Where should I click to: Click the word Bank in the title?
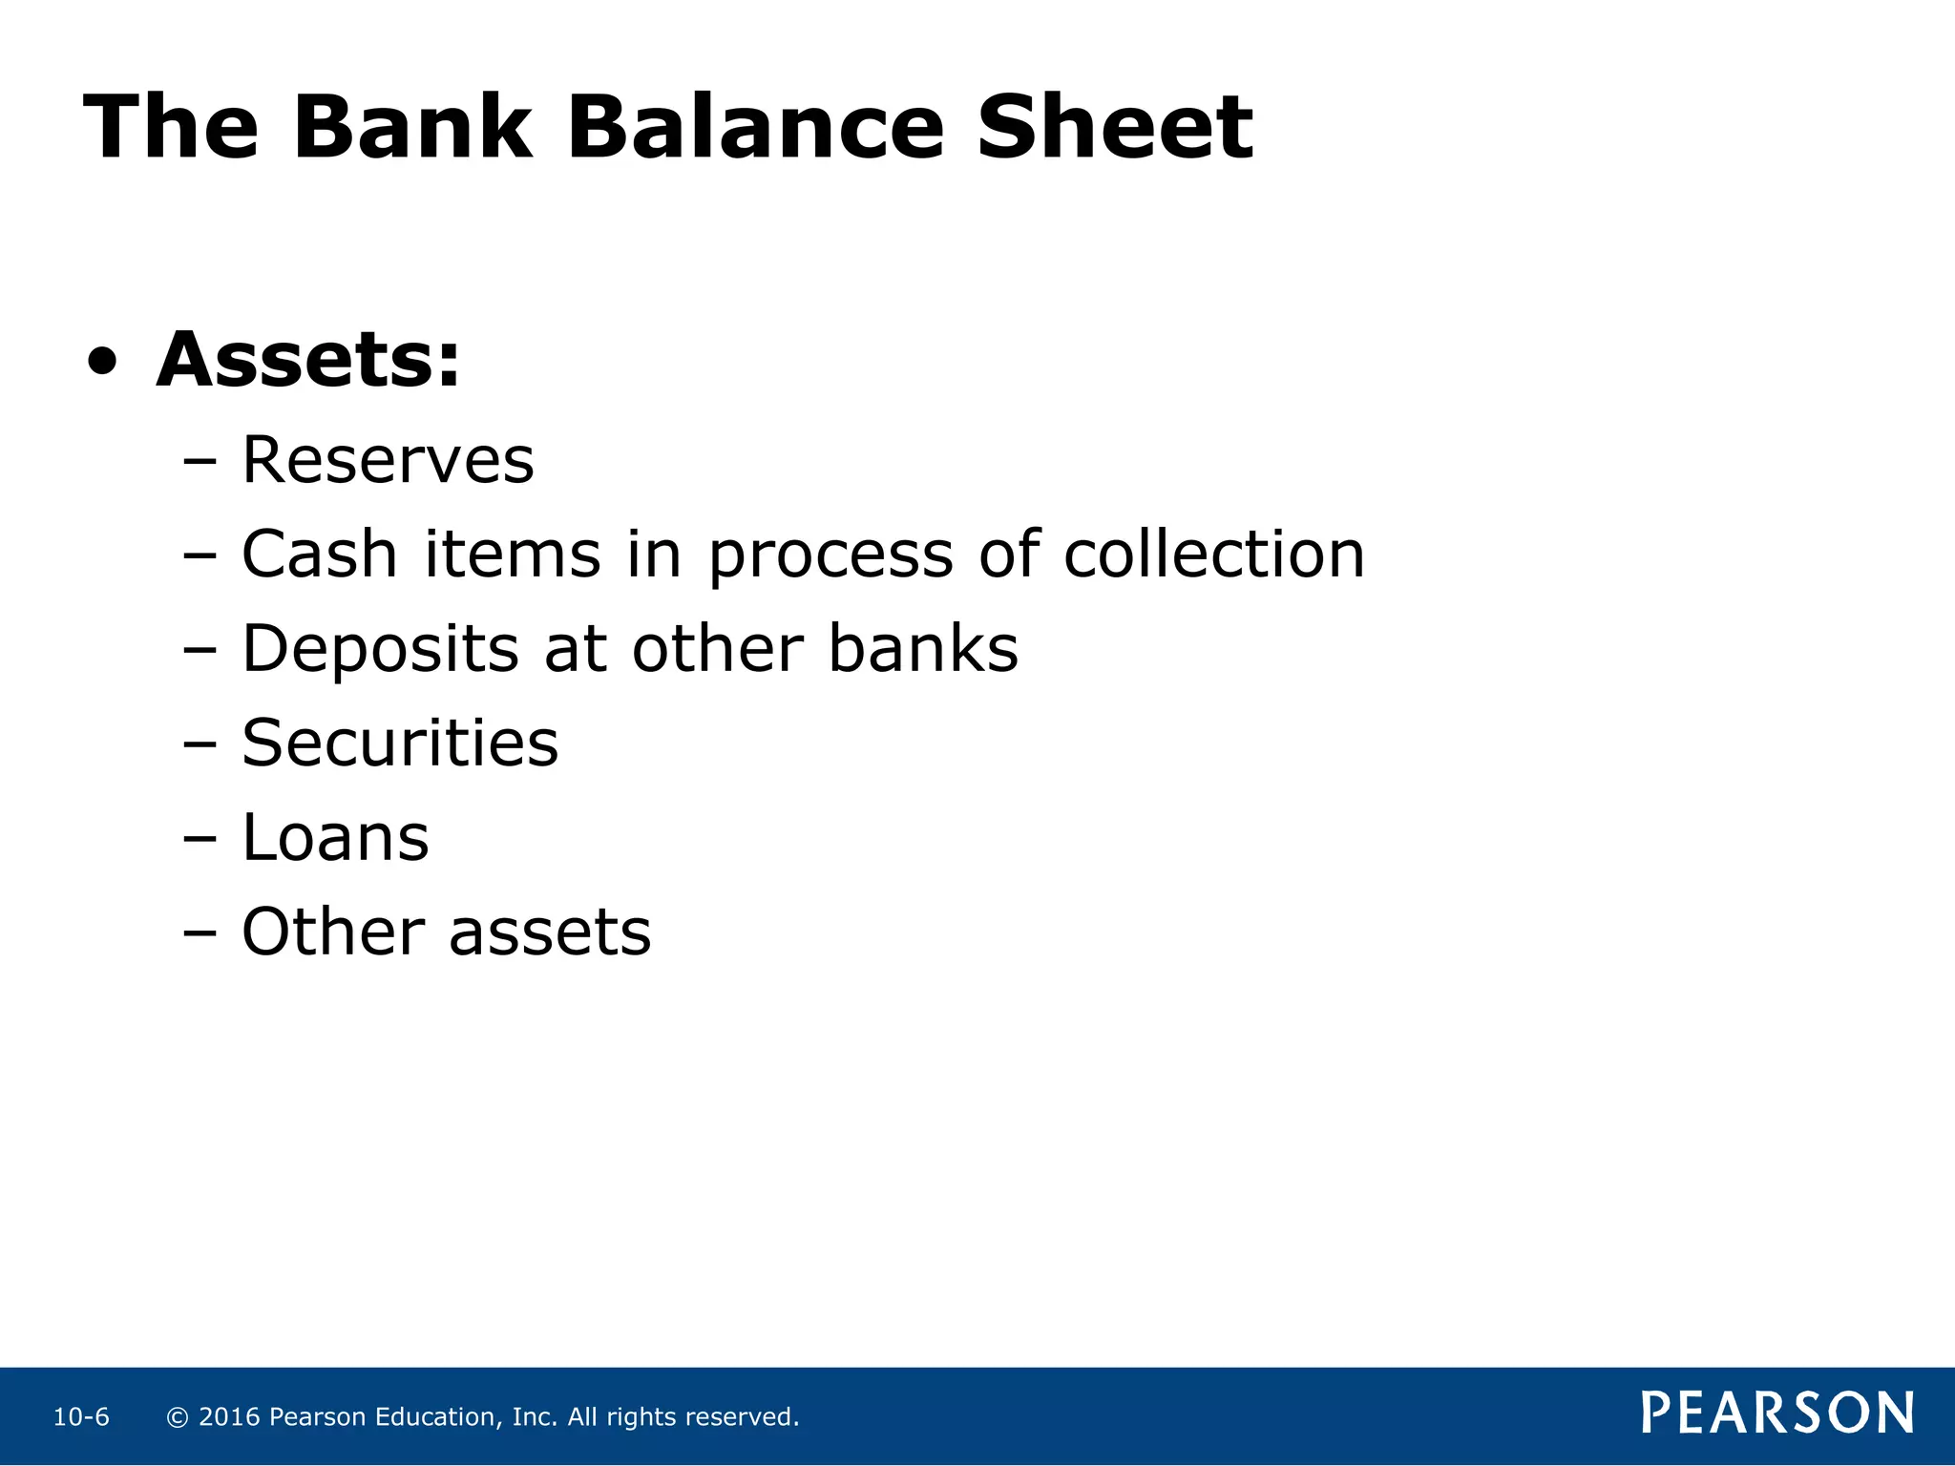[412, 127]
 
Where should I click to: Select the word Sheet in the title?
[1114, 127]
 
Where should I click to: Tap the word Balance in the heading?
[754, 127]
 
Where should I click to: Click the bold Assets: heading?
[308, 360]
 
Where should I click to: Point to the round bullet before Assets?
[102, 363]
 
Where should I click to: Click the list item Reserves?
[388, 460]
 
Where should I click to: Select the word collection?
[1213, 555]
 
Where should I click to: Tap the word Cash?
[319, 555]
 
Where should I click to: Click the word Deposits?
[379, 650]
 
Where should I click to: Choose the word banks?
[923, 649]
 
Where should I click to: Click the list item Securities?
[400, 743]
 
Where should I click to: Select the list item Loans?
[335, 838]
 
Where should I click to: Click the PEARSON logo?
[1777, 1414]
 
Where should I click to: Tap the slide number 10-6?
[81, 1417]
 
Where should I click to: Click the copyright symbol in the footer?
[177, 1417]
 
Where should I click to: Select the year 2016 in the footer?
[229, 1417]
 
